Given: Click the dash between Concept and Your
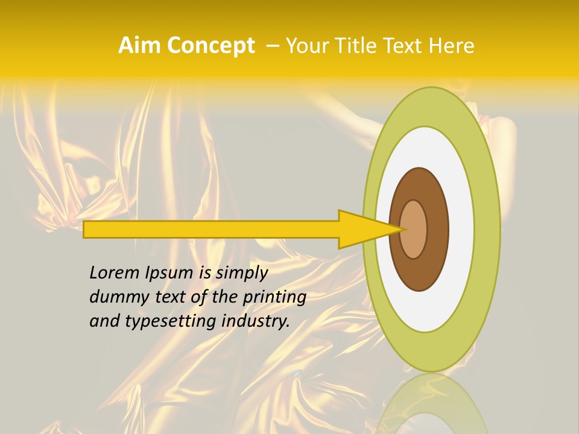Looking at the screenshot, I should pyautogui.click(x=272, y=46).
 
